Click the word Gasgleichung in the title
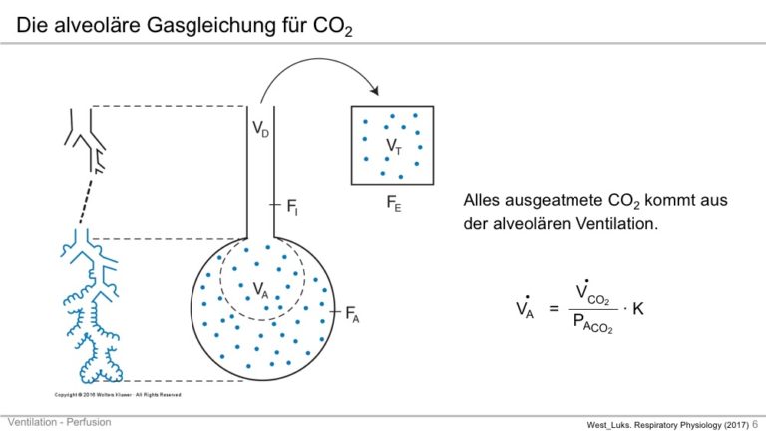click(211, 25)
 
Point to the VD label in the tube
click(260, 129)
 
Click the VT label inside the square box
click(394, 146)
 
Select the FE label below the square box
click(394, 203)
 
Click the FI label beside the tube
click(292, 207)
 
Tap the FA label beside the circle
click(352, 314)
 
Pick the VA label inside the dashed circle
click(260, 290)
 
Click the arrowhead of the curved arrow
click(374, 90)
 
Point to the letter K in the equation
click(638, 309)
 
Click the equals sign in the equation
click(554, 309)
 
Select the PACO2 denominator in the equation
click(593, 323)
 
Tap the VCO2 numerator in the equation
click(592, 292)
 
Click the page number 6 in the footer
click(755, 424)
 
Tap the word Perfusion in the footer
click(89, 422)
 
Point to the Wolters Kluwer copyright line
click(118, 395)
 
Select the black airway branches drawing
click(85, 141)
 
